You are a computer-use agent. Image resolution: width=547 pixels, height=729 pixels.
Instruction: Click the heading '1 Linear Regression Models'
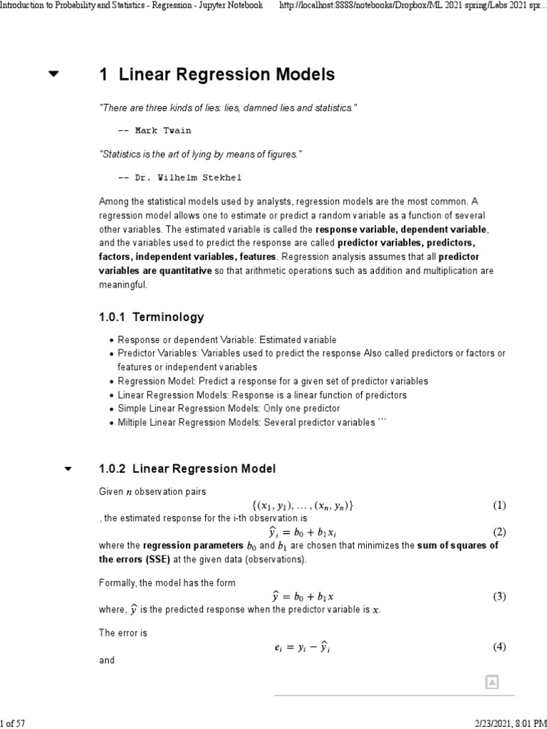click(x=217, y=74)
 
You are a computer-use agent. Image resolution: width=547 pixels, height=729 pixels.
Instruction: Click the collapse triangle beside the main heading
click(x=53, y=74)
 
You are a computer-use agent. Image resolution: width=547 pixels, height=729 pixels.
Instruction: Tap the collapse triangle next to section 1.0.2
click(x=68, y=468)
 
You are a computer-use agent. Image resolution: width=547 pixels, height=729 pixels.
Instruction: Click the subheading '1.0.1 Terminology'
click(x=151, y=317)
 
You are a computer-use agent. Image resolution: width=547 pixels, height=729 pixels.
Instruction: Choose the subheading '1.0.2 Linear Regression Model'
click(x=187, y=468)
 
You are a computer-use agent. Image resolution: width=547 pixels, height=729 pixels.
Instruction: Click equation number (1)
click(x=499, y=505)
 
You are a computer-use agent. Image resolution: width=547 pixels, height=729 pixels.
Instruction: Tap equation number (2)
click(x=499, y=532)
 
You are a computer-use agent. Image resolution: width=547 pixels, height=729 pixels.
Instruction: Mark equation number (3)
click(x=499, y=597)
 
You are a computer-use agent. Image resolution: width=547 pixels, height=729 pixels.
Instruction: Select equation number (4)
click(x=499, y=646)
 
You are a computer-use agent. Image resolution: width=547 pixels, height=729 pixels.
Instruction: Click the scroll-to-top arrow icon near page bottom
click(x=491, y=682)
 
